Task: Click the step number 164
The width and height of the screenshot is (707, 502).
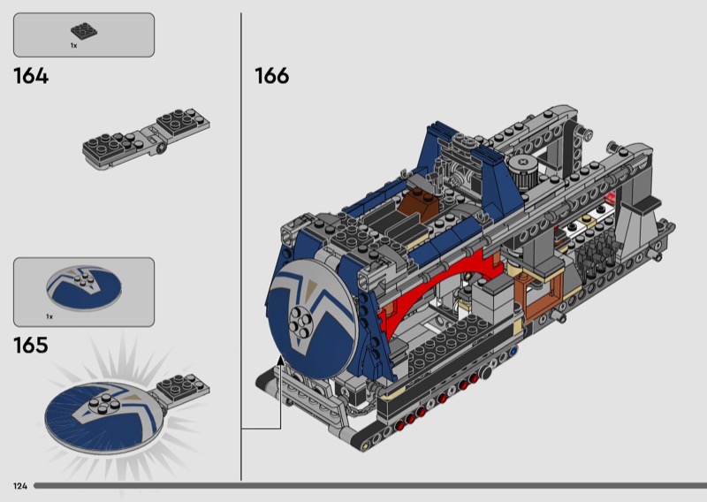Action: tap(31, 76)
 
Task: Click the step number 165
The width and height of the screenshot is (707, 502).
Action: tap(31, 345)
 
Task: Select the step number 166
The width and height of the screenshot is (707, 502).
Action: tap(272, 76)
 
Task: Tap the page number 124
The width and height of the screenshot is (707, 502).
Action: tap(20, 486)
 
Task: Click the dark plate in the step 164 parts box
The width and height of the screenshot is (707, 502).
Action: tap(84, 30)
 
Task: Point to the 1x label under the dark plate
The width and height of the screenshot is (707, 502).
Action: tap(73, 46)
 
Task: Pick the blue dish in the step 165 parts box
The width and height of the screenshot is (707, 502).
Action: tap(84, 288)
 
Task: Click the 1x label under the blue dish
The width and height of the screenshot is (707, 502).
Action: tap(49, 316)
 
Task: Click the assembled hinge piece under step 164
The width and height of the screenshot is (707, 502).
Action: tap(146, 139)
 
